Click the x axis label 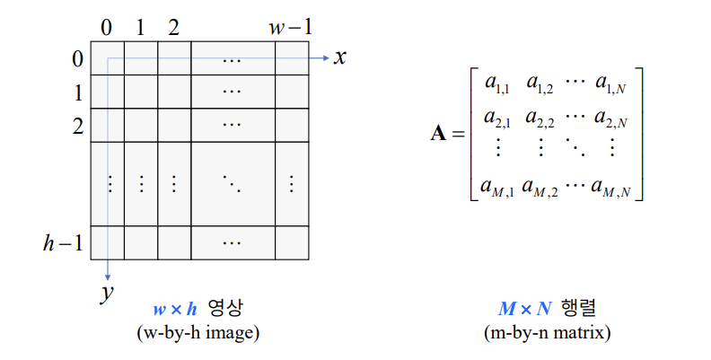pyautogui.click(x=339, y=57)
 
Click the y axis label pyautogui.click(x=107, y=293)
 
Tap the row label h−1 pyautogui.click(x=63, y=242)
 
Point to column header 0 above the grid pyautogui.click(x=107, y=27)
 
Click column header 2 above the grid pyautogui.click(x=173, y=27)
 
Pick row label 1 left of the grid pyautogui.click(x=78, y=92)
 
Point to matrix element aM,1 pyautogui.click(x=496, y=189)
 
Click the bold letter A pyautogui.click(x=439, y=135)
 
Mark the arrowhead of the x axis pyautogui.click(x=325, y=58)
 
